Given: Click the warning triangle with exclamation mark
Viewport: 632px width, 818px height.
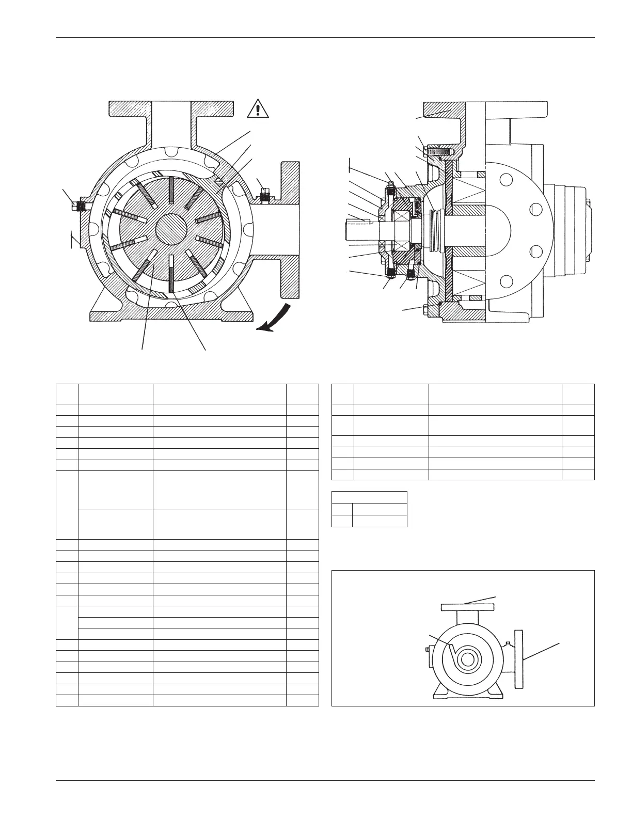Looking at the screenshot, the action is [x=258, y=109].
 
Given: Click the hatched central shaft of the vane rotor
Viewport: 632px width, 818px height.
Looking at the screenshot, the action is [x=170, y=230].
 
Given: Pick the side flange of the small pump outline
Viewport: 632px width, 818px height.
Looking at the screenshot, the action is [x=519, y=659].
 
